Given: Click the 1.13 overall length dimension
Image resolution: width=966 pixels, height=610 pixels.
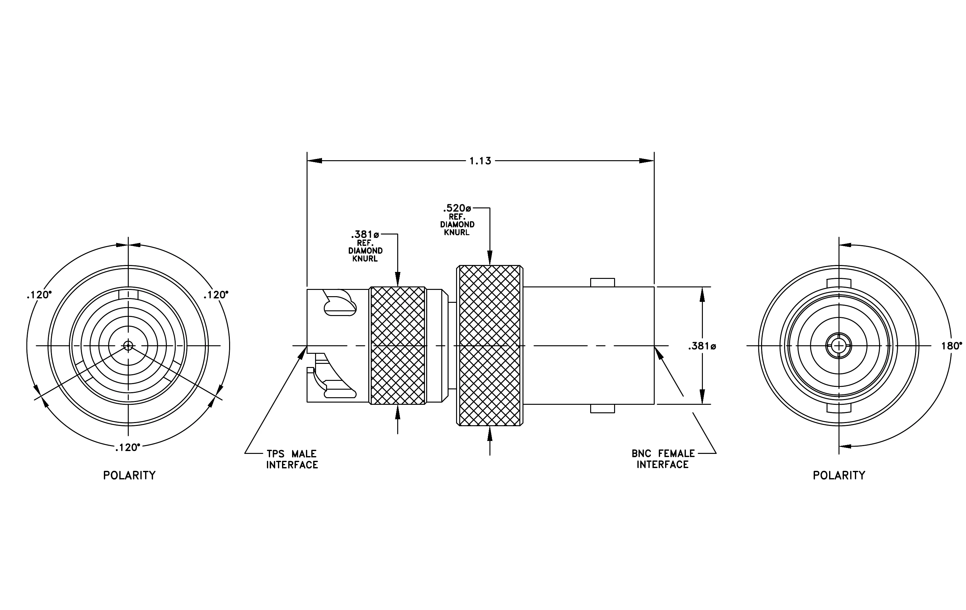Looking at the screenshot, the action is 480,161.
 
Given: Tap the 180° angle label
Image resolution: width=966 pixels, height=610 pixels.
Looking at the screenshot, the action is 952,346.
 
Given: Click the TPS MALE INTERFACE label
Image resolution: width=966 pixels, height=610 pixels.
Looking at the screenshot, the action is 292,459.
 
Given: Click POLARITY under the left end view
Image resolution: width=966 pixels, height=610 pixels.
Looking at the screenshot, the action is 129,475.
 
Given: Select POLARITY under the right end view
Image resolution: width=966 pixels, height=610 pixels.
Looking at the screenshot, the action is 839,475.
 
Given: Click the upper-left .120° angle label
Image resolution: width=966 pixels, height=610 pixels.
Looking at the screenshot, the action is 39,295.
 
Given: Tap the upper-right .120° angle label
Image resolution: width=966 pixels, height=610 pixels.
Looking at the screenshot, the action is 216,295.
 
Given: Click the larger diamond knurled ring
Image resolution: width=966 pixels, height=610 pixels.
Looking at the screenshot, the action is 490,345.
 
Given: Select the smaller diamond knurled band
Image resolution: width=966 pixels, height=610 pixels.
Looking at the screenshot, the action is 398,345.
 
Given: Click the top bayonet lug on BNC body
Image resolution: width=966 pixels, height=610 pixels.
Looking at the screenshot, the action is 602,282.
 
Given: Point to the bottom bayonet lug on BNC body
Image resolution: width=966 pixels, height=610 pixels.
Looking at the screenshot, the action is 602,408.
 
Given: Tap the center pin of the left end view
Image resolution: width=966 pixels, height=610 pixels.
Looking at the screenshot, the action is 128,345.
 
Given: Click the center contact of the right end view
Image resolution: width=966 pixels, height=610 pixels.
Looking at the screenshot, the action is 839,345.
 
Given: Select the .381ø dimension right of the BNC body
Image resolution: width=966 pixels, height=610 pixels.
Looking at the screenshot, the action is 702,346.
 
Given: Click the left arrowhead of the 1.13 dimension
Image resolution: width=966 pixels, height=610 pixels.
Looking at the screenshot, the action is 314,161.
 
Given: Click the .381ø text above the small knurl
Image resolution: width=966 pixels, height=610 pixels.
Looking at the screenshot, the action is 365,234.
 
